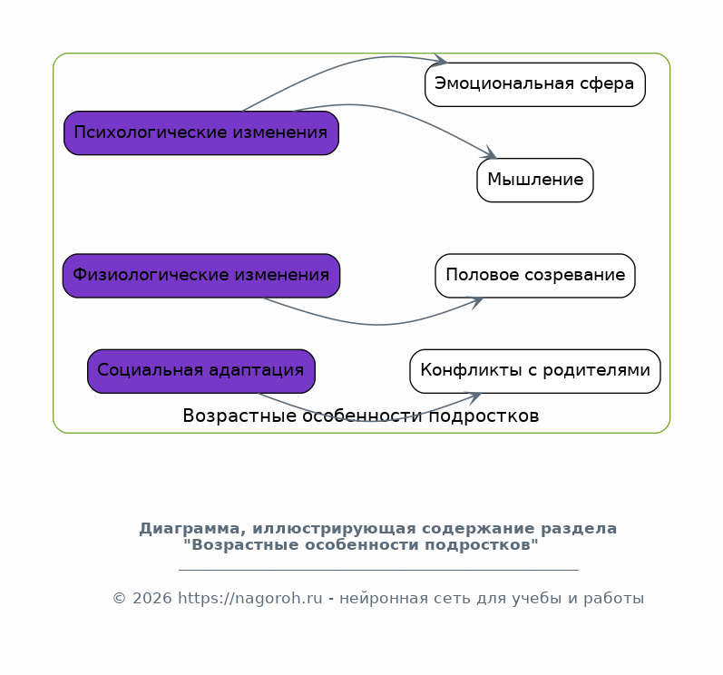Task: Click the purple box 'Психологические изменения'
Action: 201,132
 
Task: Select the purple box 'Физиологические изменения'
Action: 201,275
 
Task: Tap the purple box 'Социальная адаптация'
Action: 201,371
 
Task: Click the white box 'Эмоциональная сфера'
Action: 535,84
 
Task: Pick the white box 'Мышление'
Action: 535,181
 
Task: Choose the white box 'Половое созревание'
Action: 535,275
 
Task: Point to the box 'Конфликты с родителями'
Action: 535,371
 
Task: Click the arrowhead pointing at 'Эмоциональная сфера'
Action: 441,60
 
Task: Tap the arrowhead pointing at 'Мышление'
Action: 490,152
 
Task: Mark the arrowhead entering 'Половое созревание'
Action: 476,302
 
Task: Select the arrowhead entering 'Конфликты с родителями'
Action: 474,398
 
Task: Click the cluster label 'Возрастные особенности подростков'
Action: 361,416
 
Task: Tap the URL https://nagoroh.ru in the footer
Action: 250,599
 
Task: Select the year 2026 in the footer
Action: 152,599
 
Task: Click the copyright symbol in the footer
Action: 120,599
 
